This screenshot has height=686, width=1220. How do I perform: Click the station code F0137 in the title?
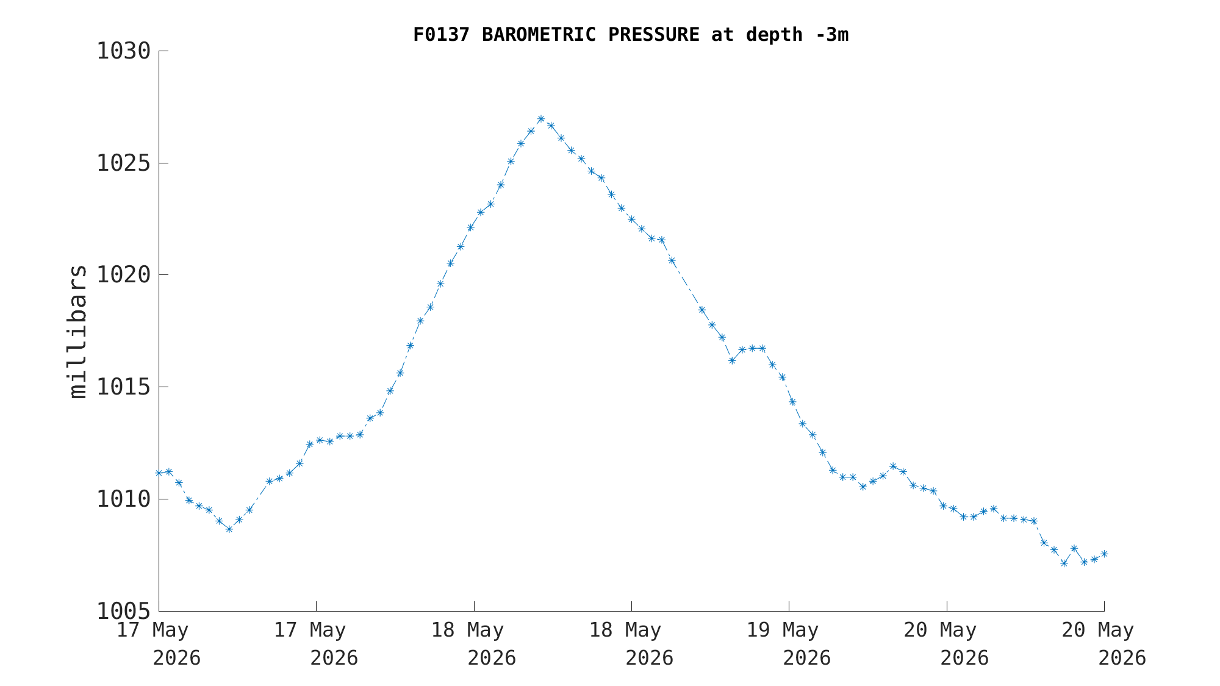pyautogui.click(x=442, y=35)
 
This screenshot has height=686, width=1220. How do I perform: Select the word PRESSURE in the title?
pyautogui.click(x=654, y=35)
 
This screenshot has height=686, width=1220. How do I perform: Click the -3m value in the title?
pyautogui.click(x=831, y=35)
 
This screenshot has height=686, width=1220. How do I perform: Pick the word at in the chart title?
pyautogui.click(x=723, y=35)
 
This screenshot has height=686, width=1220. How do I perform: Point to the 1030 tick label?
pyautogui.click(x=124, y=51)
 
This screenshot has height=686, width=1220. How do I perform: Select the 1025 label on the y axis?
pyautogui.click(x=124, y=163)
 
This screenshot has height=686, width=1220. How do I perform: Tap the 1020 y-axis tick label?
pyautogui.click(x=124, y=275)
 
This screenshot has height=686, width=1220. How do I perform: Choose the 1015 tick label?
pyautogui.click(x=124, y=387)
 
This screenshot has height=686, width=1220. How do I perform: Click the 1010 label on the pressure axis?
pyautogui.click(x=124, y=499)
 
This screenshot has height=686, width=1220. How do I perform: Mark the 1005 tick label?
pyautogui.click(x=124, y=610)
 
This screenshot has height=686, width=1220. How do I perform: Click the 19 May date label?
pyautogui.click(x=783, y=631)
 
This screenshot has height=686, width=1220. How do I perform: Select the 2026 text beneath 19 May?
pyautogui.click(x=806, y=659)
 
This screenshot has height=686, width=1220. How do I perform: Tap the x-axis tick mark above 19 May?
pyautogui.click(x=789, y=606)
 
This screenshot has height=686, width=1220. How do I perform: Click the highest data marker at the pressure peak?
pyautogui.click(x=540, y=119)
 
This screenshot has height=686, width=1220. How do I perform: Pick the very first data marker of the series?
pyautogui.click(x=159, y=473)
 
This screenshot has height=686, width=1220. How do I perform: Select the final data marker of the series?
pyautogui.click(x=1103, y=554)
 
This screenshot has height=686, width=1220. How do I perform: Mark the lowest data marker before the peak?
pyautogui.click(x=229, y=529)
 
